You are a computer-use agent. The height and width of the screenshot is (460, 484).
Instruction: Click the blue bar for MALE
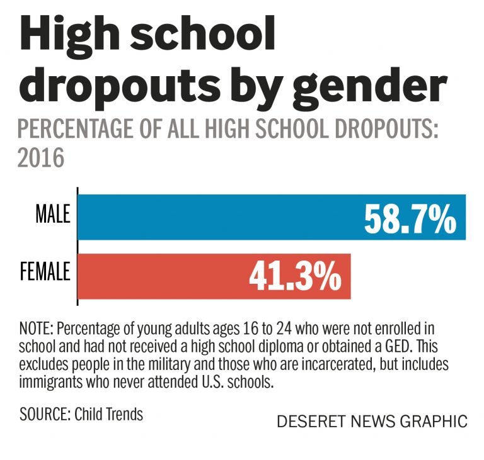pyautogui.click(x=214, y=217)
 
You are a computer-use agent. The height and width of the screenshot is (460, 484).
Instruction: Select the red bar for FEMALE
pyautogui.click(x=158, y=276)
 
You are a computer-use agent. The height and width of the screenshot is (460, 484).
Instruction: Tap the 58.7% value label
pyautogui.click(x=410, y=218)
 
